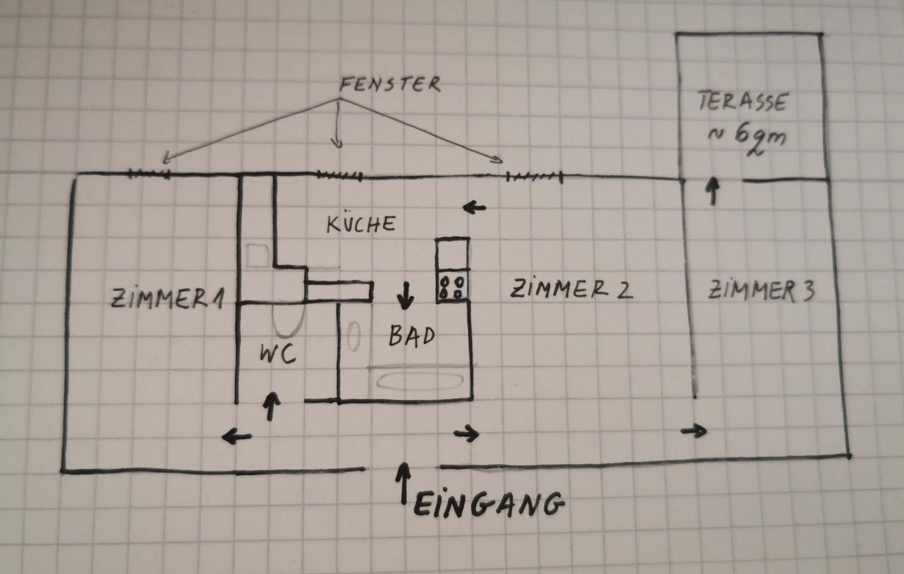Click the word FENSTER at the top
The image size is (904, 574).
pyautogui.click(x=390, y=85)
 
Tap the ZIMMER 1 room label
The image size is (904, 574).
pyautogui.click(x=167, y=299)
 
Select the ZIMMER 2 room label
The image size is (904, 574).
pyautogui.click(x=571, y=289)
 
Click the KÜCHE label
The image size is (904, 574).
pyautogui.click(x=361, y=224)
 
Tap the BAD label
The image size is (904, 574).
pyautogui.click(x=412, y=336)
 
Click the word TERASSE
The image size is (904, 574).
pyautogui.click(x=743, y=102)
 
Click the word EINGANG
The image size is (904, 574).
pyautogui.click(x=489, y=505)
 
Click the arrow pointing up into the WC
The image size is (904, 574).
pyautogui.click(x=271, y=406)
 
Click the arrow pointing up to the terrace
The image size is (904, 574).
pyautogui.click(x=714, y=190)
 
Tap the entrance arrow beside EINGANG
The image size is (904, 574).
pyautogui.click(x=403, y=483)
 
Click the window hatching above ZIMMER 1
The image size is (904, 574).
pyautogui.click(x=150, y=174)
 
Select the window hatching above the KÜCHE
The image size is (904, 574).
pyautogui.click(x=339, y=176)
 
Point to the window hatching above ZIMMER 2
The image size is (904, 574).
pyautogui.click(x=534, y=178)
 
